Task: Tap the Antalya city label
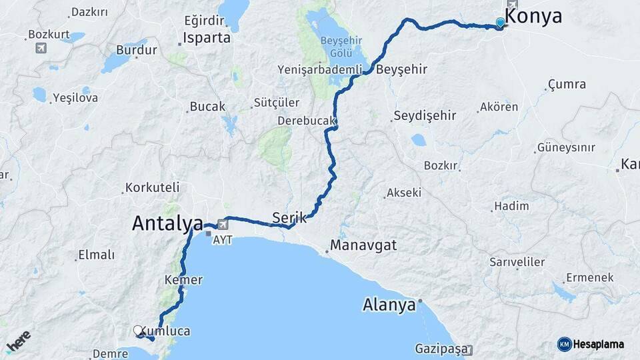click(x=167, y=223)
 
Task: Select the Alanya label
click(x=389, y=305)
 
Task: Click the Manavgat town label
click(x=363, y=245)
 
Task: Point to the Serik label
click(x=289, y=217)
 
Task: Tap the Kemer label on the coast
click(x=183, y=280)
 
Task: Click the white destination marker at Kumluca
click(x=138, y=330)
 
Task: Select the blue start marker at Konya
click(x=501, y=22)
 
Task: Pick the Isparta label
click(x=207, y=38)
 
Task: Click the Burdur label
click(x=137, y=50)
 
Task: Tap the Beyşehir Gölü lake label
click(x=341, y=46)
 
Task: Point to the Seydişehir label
click(x=425, y=115)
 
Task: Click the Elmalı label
click(x=97, y=255)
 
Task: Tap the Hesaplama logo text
click(x=598, y=344)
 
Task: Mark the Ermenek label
click(x=589, y=277)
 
